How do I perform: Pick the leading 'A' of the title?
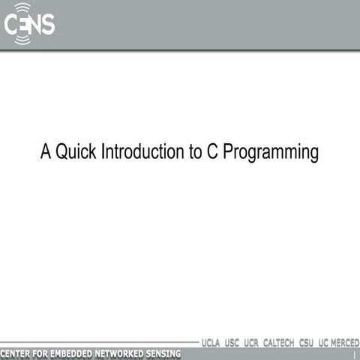[46, 153]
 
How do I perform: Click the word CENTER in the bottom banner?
[17, 353]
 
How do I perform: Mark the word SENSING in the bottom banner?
[166, 353]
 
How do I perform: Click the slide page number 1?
[353, 354]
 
